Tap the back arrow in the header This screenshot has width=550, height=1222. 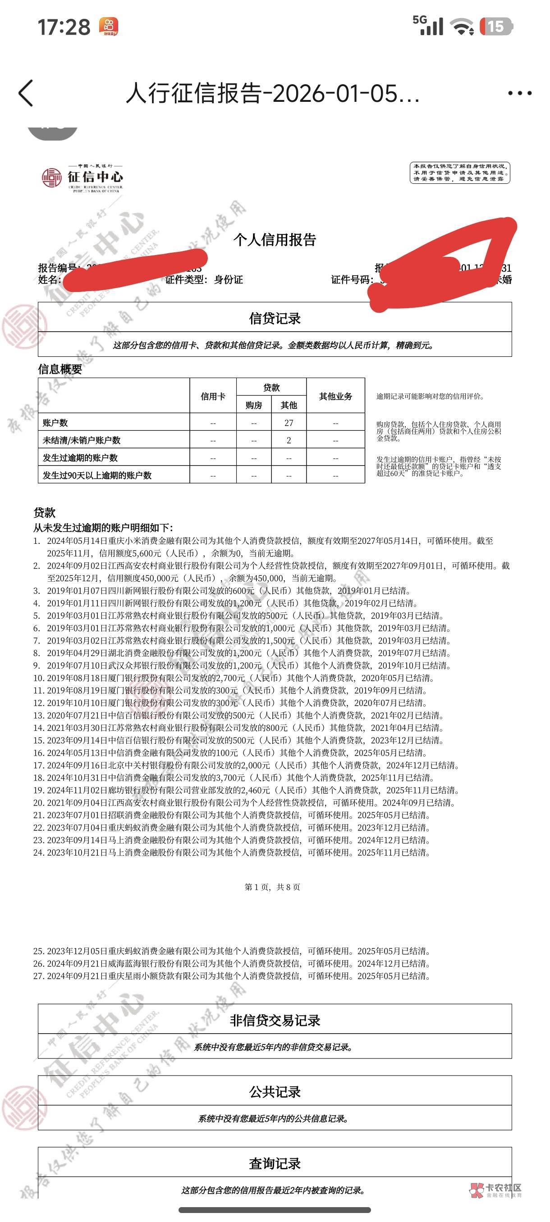point(26,92)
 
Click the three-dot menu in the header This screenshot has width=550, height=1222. point(520,93)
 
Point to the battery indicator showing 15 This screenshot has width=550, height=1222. point(496,26)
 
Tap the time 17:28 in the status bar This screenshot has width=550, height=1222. point(64,27)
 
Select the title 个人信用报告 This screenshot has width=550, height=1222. point(274,240)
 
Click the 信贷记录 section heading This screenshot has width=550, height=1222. point(275,318)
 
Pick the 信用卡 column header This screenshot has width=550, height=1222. point(213,396)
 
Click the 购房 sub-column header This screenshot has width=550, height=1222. point(254,405)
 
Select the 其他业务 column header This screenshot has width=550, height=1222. point(335,396)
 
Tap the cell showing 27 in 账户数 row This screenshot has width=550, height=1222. point(289,423)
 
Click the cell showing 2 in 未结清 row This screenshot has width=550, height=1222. point(289,440)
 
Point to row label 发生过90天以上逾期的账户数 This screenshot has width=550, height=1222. point(97,475)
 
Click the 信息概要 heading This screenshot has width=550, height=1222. point(60,369)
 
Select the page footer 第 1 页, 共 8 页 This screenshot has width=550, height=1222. point(272,887)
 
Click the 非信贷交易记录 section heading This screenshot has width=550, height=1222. point(275,1020)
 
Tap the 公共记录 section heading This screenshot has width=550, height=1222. point(275,1091)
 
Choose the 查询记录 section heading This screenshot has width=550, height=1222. point(275,1163)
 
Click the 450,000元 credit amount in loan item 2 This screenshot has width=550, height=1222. point(160,578)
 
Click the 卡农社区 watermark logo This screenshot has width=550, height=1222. point(496,1189)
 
